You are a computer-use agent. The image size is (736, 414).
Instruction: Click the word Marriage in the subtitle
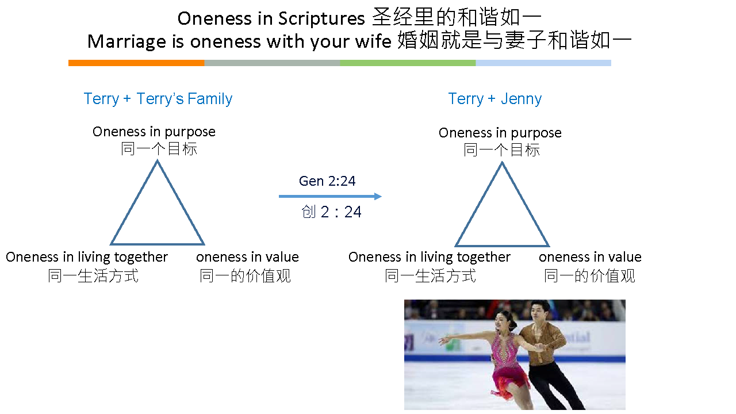126,42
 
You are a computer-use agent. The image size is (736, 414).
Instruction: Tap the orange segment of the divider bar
136,63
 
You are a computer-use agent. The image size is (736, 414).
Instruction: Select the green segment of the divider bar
408,63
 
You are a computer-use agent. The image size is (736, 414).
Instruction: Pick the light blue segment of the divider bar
543,63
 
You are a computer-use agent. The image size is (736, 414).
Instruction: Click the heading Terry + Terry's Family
158,98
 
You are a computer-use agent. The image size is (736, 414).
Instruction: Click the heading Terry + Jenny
495,98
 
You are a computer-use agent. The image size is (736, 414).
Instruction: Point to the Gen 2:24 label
327,181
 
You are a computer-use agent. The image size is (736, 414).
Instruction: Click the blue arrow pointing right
330,197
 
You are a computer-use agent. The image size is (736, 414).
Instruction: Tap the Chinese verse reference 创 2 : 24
331,212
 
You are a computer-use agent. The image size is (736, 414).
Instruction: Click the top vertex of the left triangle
158,160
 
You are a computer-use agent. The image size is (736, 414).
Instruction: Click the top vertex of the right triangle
502,163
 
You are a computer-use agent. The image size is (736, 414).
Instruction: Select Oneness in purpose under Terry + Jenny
500,133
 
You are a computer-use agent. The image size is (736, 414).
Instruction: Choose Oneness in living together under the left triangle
87,257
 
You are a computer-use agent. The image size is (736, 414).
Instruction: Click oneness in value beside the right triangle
590,257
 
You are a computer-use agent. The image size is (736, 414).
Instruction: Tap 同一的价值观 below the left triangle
245,275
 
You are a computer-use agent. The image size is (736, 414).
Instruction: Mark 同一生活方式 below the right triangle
431,275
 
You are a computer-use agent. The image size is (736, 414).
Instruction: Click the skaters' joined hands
539,347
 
